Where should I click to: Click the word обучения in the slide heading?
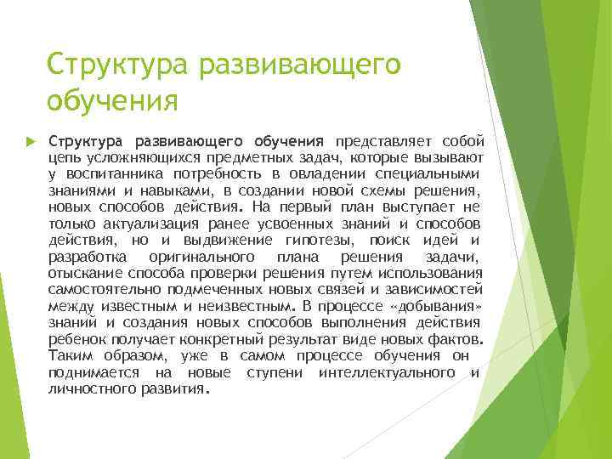(112, 101)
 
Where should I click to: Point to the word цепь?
(64, 157)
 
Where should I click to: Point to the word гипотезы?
(319, 240)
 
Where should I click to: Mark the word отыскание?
(86, 273)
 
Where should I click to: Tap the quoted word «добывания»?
(435, 306)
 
